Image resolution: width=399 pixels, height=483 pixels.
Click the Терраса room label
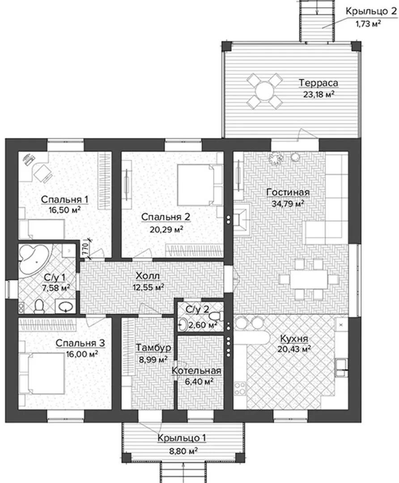pos(318,83)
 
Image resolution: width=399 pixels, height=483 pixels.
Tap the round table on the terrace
pos(264,90)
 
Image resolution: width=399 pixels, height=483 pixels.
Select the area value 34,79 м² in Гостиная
pos(288,203)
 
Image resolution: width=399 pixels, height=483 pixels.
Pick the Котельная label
pos(196,370)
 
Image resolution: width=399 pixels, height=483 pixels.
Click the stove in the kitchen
pos(240,388)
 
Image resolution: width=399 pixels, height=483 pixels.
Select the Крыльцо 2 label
pos(371,11)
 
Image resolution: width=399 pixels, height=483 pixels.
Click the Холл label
pos(148,276)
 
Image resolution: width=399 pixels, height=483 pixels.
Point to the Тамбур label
pos(153,347)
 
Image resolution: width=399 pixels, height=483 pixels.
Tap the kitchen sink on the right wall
pos(341,368)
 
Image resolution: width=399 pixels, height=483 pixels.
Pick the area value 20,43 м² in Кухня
pos(294,349)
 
